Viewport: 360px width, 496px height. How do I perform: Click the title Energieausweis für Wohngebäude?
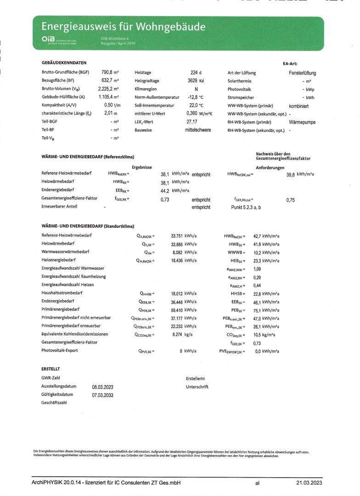tap(124, 27)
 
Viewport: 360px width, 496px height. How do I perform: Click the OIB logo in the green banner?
tap(48, 40)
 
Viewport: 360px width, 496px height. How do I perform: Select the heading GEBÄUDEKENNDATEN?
tap(64, 62)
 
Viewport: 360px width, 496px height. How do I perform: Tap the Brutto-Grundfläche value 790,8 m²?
tap(110, 73)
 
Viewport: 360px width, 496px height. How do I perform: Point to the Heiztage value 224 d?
tap(196, 73)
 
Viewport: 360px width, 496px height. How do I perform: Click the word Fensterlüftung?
tap(302, 73)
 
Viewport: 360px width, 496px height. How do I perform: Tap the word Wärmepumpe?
tap(302, 123)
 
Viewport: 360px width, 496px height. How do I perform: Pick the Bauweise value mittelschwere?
tap(198, 130)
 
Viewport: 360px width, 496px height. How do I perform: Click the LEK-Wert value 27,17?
tap(192, 122)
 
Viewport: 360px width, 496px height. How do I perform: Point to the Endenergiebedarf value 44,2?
tap(165, 191)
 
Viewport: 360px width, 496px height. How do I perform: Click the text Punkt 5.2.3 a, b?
tap(246, 208)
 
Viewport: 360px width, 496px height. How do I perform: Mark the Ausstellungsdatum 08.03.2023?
tap(102, 387)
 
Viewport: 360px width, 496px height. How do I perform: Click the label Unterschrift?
tap(197, 387)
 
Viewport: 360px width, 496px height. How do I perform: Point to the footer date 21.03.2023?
tap(309, 483)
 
